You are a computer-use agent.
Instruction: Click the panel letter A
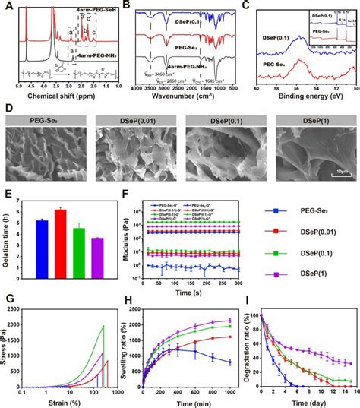pos(6,5)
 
